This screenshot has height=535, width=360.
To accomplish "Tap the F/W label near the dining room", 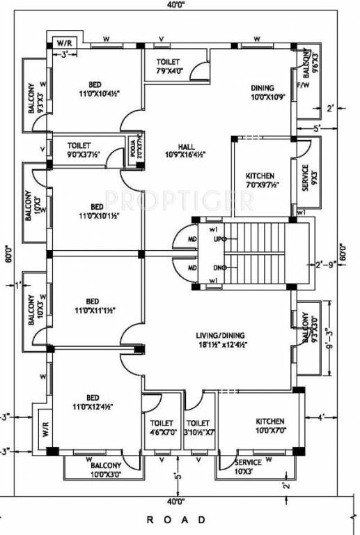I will tap(303, 86).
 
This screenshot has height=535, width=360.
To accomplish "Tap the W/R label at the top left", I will tap(63, 43).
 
